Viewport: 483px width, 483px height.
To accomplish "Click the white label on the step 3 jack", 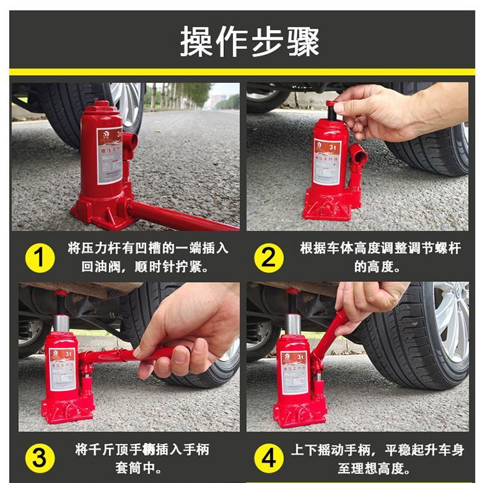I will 63,368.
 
